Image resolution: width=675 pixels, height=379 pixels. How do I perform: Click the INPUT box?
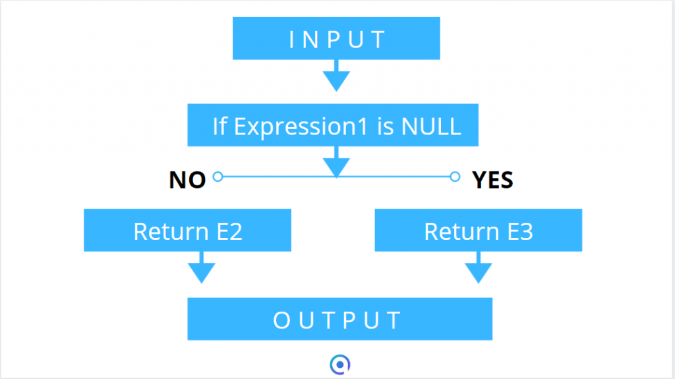[336, 38]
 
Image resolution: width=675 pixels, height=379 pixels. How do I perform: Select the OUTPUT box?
[339, 319]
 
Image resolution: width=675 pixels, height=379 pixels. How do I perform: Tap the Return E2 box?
[187, 230]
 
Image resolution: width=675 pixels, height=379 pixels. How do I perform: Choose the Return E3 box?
[479, 230]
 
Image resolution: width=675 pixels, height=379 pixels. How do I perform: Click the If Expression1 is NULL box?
[333, 125]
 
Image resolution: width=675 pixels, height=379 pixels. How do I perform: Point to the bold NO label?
[187, 180]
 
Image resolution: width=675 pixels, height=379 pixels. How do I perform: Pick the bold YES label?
[492, 180]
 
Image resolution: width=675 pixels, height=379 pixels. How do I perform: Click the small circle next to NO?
[218, 177]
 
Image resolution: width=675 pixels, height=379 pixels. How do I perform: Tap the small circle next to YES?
[455, 177]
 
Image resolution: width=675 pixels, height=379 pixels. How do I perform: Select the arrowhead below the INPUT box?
[336, 80]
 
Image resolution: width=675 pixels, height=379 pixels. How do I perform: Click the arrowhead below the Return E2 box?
[202, 272]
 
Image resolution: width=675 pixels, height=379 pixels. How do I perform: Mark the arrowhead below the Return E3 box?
[479, 272]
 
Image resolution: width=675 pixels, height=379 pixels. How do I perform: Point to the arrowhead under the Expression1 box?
[336, 167]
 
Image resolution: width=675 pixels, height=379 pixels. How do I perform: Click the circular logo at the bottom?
[340, 364]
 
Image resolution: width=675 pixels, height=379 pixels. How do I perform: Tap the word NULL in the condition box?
[431, 127]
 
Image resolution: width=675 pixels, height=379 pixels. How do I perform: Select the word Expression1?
[301, 127]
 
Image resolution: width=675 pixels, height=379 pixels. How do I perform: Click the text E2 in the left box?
[229, 232]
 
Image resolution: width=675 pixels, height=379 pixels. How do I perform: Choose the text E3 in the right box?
[521, 232]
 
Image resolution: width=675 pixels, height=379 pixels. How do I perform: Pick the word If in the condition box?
[220, 126]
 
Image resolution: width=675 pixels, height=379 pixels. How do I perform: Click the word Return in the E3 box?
[461, 232]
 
